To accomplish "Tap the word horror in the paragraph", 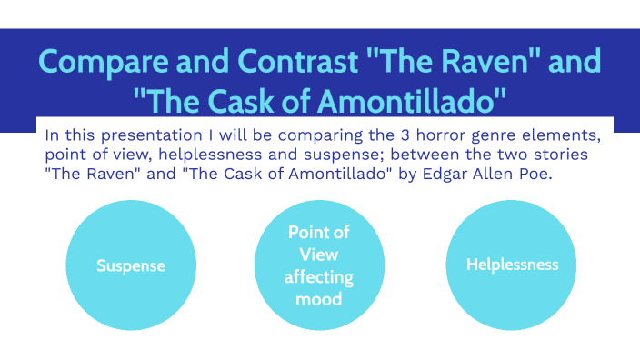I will (x=426, y=135).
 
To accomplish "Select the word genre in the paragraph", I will (x=485, y=135).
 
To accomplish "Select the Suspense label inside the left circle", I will (x=132, y=266).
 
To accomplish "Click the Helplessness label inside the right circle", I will (x=512, y=265).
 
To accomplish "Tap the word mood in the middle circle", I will (x=318, y=298).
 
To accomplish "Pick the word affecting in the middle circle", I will (x=318, y=276).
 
